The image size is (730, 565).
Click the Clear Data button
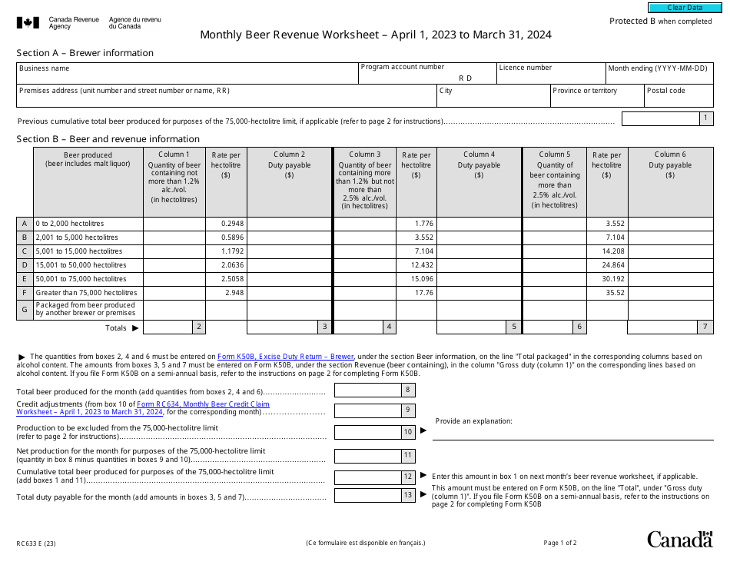[x=685, y=8]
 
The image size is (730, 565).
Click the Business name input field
[x=187, y=77]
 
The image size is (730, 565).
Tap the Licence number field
[x=550, y=77]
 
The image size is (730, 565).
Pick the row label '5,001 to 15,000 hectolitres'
[x=79, y=251]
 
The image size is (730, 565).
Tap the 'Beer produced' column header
[x=88, y=159]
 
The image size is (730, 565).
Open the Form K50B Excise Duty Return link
[x=285, y=357]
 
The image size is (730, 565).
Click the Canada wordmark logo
[x=679, y=540]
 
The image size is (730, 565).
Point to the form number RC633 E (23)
[x=36, y=543]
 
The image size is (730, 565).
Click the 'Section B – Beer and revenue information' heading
[x=108, y=139]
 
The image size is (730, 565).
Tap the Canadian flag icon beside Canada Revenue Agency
[x=28, y=23]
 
